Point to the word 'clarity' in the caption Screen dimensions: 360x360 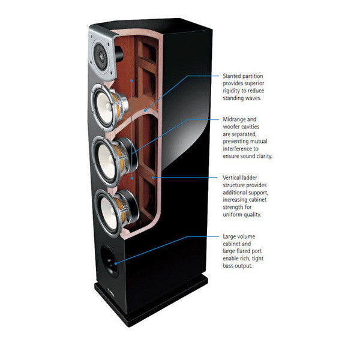[x=262, y=155]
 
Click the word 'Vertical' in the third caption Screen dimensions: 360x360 [x=233, y=178]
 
